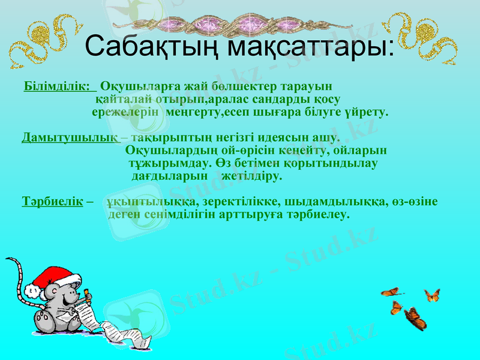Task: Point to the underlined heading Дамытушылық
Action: (x=69, y=137)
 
